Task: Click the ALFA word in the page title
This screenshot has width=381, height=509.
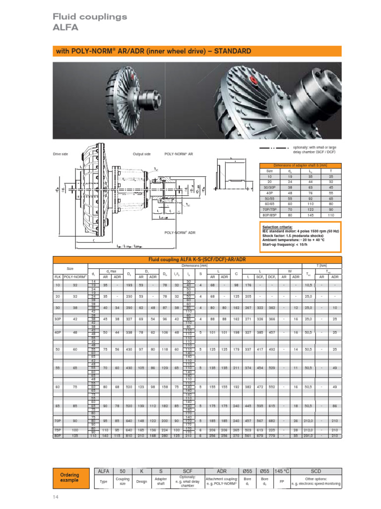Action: [65, 28]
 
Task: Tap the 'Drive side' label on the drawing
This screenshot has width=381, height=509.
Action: [60, 154]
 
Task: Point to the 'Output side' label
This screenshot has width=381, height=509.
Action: [141, 154]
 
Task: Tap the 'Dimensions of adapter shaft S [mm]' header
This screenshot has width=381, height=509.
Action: [301, 165]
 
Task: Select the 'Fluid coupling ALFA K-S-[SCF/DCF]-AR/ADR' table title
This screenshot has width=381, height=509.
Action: [197, 259]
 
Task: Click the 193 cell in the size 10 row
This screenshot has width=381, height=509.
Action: [129, 285]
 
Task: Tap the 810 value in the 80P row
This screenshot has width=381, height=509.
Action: [129, 435]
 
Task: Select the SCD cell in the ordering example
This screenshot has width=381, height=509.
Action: [316, 470]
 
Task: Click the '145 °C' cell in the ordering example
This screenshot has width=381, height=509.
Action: [280, 470]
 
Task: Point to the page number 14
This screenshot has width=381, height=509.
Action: [56, 497]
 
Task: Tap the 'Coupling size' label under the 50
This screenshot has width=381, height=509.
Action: [123, 481]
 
